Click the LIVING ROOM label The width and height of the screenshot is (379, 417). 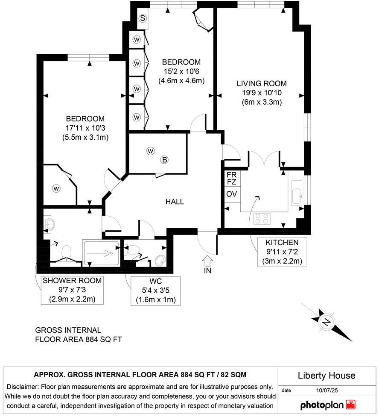point(262,84)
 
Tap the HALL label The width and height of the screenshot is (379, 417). point(175,202)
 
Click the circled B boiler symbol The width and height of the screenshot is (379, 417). point(164,160)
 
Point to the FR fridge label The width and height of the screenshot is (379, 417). point(232,175)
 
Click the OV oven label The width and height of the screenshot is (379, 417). point(232,194)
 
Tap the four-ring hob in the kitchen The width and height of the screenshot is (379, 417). point(262,219)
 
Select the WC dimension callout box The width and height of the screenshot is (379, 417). point(156,291)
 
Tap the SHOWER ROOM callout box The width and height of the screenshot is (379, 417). point(72,290)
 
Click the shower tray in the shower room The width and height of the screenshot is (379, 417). point(101,253)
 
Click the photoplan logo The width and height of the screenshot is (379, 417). point(328,405)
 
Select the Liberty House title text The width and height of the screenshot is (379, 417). point(326,376)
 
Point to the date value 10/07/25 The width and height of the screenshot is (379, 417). point(327,390)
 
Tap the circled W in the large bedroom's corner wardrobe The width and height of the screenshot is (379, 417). point(57,188)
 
